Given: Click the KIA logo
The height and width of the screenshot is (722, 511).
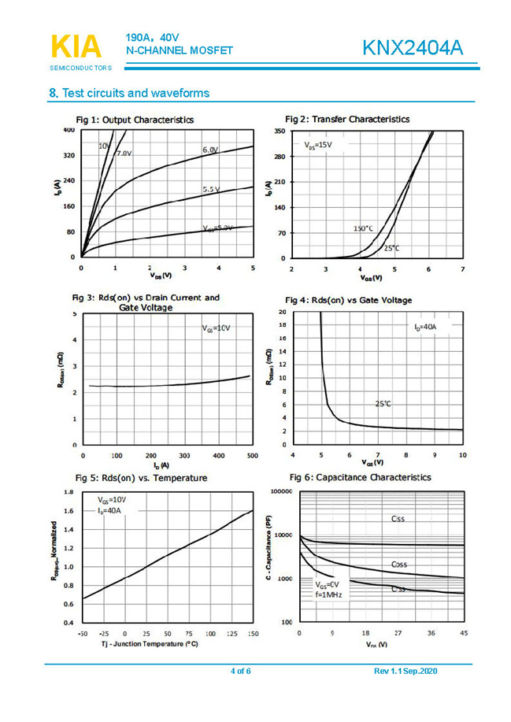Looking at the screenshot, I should coord(76,46).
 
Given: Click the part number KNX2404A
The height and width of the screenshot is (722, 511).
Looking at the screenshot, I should coord(413,49).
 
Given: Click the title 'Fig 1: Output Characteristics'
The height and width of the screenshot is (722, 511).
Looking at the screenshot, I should coord(135,120).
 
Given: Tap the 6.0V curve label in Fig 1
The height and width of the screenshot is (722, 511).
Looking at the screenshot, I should coord(210,150).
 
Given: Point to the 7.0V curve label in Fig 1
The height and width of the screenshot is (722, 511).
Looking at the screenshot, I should coord(124,153).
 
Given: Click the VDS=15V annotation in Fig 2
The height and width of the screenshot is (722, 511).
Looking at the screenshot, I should coord(318,145).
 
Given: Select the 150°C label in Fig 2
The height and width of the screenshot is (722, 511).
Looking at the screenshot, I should coord(363,228).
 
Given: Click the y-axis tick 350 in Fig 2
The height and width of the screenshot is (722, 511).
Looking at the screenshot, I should coord(280,131).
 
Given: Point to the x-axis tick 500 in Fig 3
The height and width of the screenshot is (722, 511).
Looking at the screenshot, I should coord(252,456).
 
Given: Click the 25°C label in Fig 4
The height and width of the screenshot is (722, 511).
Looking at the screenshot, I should coord(383,403).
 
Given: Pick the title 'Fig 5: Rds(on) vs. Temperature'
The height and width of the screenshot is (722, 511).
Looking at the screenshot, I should coord(141,477).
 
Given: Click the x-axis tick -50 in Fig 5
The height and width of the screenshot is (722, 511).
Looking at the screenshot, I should coord(83,633).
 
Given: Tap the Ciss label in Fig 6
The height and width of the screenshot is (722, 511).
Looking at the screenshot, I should coord(398,518).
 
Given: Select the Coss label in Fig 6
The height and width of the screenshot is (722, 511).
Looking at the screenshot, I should coord(399,565).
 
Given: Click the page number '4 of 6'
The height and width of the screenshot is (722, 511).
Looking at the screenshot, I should coord(240,671).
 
